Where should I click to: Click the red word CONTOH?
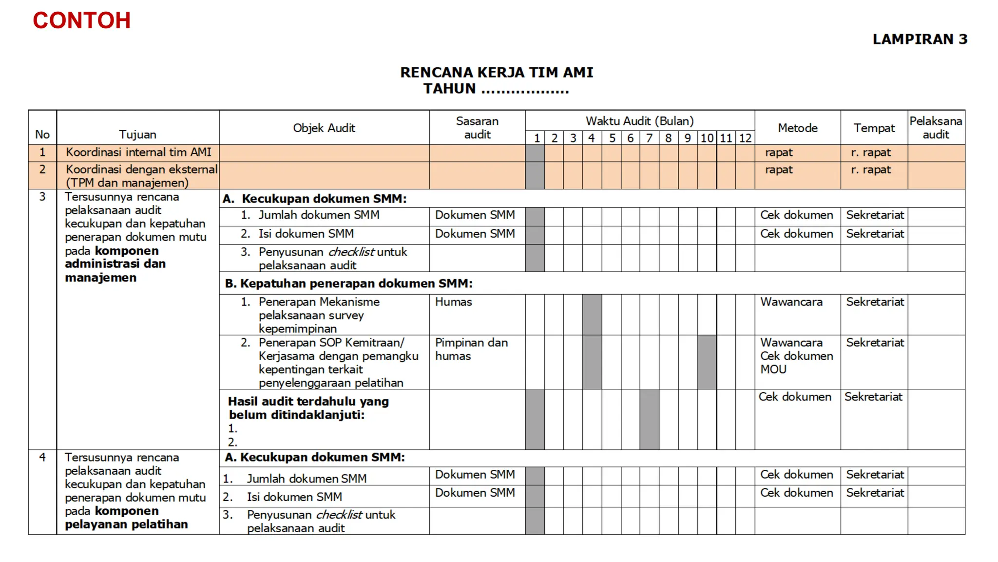(x=81, y=20)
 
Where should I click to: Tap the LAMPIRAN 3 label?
(x=920, y=39)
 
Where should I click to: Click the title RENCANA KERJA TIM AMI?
(x=497, y=73)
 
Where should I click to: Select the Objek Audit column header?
(x=324, y=128)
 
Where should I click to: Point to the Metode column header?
(x=797, y=128)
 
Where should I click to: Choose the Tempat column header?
(x=874, y=128)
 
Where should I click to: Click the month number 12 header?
(x=745, y=138)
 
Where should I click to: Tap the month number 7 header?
(x=649, y=138)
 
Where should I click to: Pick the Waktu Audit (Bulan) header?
(x=639, y=121)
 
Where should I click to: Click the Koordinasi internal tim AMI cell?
(x=138, y=152)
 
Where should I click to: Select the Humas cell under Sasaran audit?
(x=454, y=302)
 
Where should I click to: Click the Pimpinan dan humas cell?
(x=471, y=349)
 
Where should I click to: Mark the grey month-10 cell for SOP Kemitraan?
(x=707, y=362)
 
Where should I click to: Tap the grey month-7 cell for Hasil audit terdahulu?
(x=649, y=420)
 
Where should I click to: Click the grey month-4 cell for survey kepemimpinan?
(x=592, y=315)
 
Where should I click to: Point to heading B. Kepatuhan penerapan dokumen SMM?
(x=348, y=283)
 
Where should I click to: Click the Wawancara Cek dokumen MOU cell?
(x=796, y=356)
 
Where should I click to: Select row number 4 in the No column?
(x=42, y=458)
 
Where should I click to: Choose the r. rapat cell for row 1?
(x=871, y=153)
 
